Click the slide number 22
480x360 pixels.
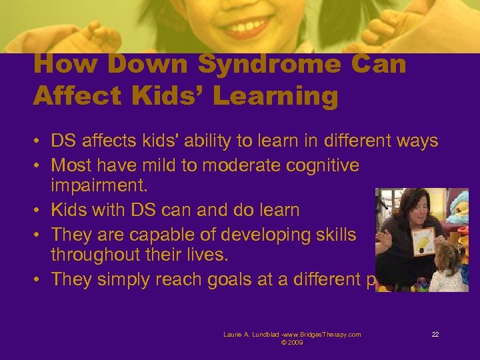coord(435,334)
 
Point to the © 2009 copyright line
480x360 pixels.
coord(292,343)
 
